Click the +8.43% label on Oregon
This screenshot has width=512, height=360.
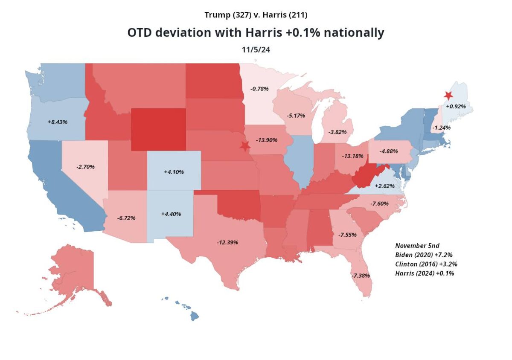click(58, 122)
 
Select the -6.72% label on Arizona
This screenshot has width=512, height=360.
click(126, 218)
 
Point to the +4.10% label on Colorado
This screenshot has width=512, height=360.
click(174, 172)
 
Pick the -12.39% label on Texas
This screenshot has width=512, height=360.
click(227, 242)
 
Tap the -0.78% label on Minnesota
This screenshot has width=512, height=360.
click(259, 89)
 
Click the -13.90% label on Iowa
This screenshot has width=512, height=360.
click(267, 140)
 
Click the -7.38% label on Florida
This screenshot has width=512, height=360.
click(360, 275)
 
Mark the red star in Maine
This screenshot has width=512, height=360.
click(448, 96)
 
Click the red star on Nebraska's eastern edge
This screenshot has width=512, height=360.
click(244, 146)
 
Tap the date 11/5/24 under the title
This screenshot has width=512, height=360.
click(256, 49)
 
